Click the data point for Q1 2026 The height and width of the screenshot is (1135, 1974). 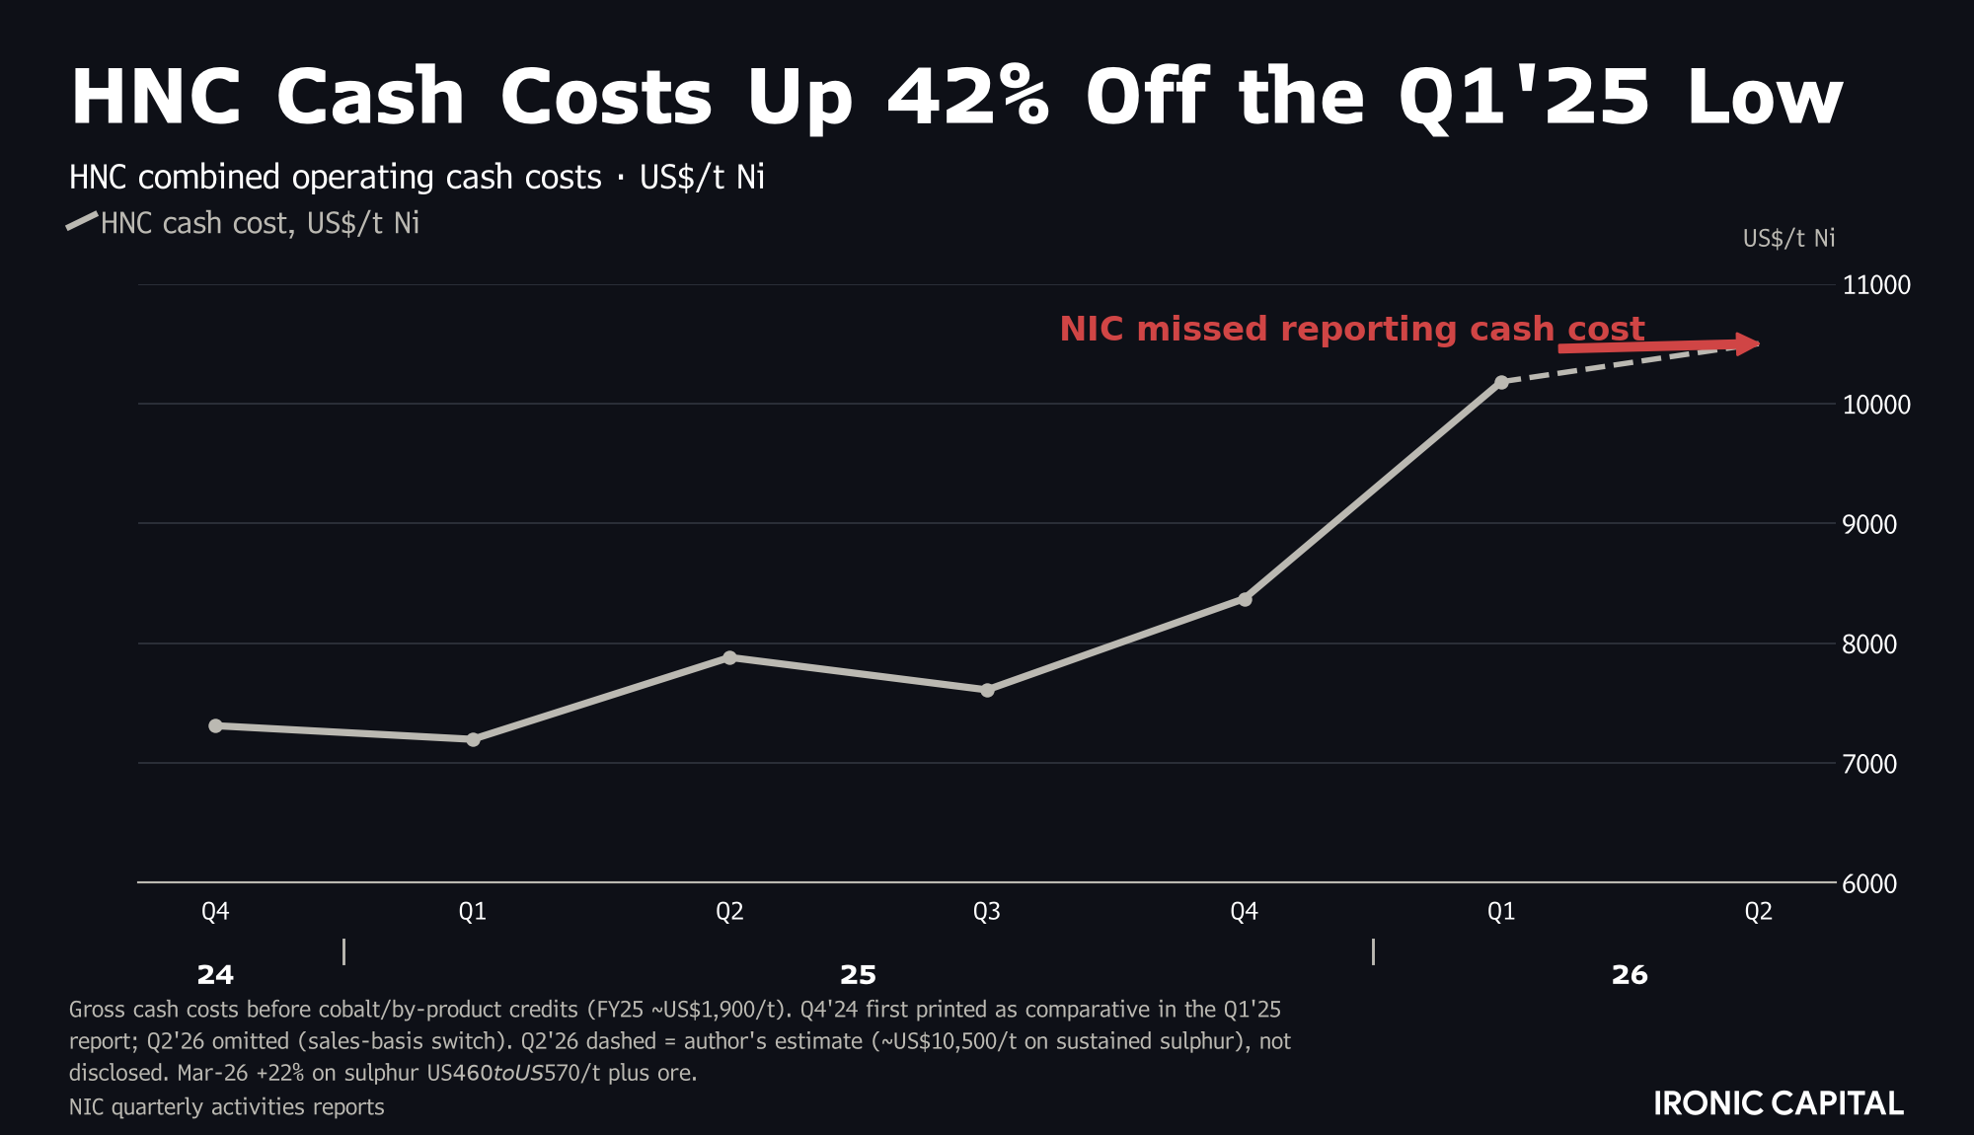[1501, 382]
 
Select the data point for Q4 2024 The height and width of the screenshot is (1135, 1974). [215, 725]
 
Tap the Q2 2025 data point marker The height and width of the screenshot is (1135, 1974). [729, 657]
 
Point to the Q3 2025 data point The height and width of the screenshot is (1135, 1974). [987, 690]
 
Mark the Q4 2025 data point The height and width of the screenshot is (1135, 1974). [1245, 599]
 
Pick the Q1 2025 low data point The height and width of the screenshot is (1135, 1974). [473, 739]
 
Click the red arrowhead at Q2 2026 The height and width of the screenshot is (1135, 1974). [1749, 343]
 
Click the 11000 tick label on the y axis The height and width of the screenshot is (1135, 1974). [1876, 285]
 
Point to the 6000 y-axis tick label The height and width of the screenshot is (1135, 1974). [1869, 883]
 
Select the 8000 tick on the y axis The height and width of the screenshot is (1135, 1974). [1869, 643]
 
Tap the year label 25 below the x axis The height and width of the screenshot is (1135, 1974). [858, 975]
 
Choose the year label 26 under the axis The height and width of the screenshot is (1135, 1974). [1630, 975]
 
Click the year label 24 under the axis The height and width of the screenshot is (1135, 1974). [215, 975]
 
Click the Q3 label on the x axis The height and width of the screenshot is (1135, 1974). [987, 911]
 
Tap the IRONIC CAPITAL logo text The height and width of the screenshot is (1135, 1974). [1779, 1103]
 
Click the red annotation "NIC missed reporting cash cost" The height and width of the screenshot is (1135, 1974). [1352, 329]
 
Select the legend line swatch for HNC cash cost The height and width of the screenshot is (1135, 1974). [82, 221]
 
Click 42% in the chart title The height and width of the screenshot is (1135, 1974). [968, 97]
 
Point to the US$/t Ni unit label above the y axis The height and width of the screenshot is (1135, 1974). [1788, 238]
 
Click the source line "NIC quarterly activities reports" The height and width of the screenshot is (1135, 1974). [227, 1106]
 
